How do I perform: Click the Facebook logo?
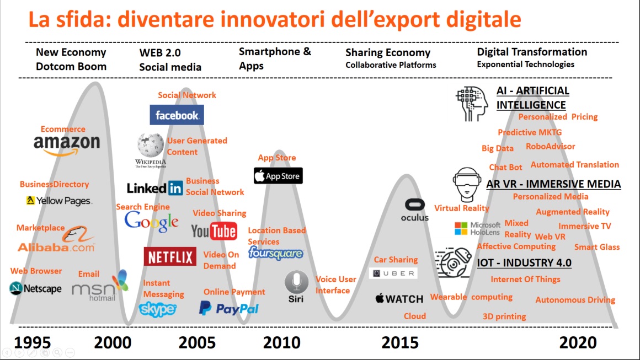click(x=177, y=115)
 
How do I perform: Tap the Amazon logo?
click(x=67, y=146)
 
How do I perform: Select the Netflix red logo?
click(x=170, y=257)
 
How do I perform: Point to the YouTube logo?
click(x=214, y=231)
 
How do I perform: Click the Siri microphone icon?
click(x=296, y=282)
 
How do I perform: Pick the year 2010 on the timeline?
click(x=281, y=342)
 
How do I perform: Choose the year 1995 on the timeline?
click(x=33, y=342)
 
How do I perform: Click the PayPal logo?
click(x=228, y=308)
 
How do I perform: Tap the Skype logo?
click(x=158, y=309)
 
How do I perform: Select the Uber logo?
click(x=393, y=273)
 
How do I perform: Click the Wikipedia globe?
click(x=151, y=146)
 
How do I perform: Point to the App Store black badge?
click(x=279, y=176)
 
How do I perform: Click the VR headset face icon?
click(x=467, y=184)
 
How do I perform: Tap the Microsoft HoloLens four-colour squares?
click(x=461, y=228)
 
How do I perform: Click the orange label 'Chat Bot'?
click(x=505, y=167)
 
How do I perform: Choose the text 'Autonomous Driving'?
click(x=575, y=300)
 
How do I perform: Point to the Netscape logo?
click(x=35, y=288)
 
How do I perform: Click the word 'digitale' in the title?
click(x=484, y=19)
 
